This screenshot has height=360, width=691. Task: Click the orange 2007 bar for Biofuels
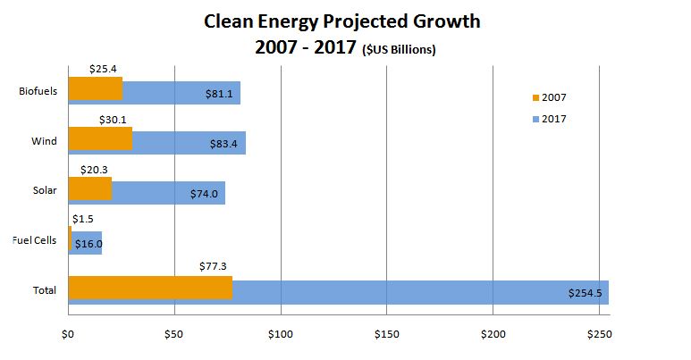(x=95, y=88)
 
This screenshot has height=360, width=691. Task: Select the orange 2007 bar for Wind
(x=100, y=138)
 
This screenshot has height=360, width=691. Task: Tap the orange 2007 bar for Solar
(x=89, y=188)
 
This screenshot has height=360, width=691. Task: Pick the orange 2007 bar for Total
(x=150, y=287)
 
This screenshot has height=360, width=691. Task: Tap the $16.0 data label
(x=88, y=243)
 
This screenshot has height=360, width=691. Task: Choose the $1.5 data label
(x=82, y=218)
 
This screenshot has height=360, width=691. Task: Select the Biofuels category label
(x=38, y=90)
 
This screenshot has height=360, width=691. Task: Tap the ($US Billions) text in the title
(x=399, y=50)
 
